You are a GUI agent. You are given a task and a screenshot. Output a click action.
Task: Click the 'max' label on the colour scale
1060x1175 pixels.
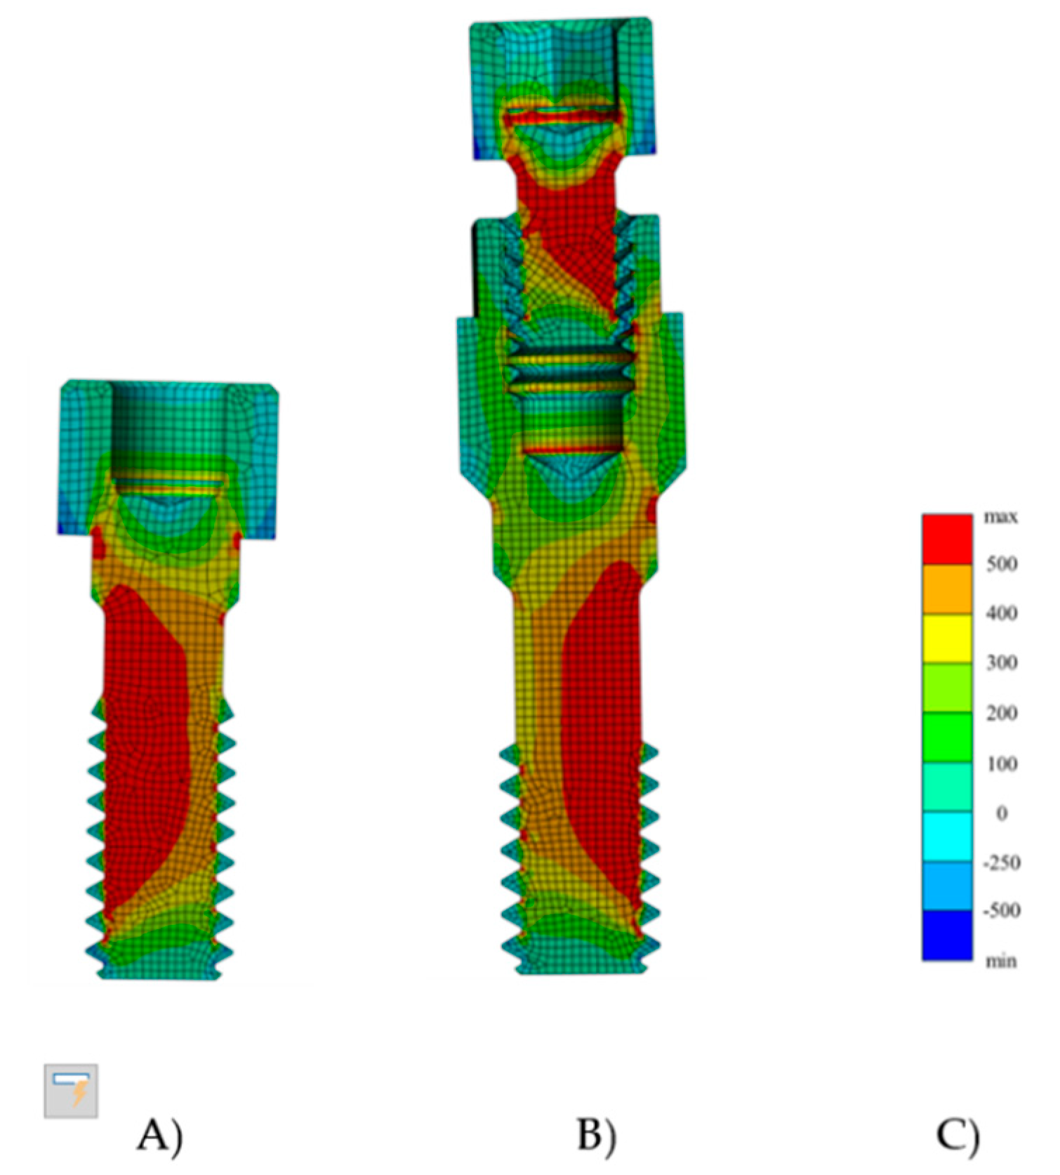click(x=1000, y=517)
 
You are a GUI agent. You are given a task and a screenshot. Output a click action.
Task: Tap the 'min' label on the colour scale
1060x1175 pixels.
click(x=1000, y=960)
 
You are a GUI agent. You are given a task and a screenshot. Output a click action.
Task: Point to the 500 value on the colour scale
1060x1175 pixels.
click(x=1002, y=563)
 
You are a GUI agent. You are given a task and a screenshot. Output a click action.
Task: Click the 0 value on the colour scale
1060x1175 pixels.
click(x=1002, y=813)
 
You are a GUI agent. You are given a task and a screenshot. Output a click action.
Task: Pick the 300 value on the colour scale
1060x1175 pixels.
click(x=1002, y=662)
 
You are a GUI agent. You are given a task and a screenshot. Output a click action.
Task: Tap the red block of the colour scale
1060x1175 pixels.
click(x=947, y=539)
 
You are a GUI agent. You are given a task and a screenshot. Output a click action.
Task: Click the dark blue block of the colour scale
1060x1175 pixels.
click(x=947, y=935)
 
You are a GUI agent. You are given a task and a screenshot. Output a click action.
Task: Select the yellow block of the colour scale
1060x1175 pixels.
click(x=947, y=638)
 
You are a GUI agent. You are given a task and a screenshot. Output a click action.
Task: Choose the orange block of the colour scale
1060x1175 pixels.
click(x=947, y=589)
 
